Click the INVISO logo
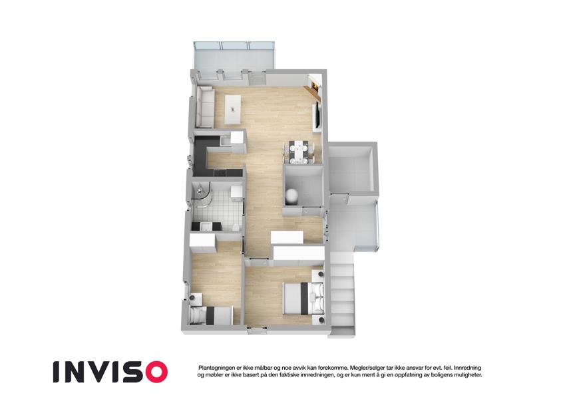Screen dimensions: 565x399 click(x=110, y=372)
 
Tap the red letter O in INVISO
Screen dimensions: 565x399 click(x=156, y=372)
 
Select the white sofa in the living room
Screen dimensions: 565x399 click(x=204, y=107)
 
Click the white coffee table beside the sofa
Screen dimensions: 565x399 click(x=233, y=109)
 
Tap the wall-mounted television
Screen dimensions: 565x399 click(x=317, y=114)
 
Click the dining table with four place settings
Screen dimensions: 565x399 click(x=299, y=152)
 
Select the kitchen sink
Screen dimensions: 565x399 click(x=225, y=141)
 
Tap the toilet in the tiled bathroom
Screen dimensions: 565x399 click(x=235, y=227)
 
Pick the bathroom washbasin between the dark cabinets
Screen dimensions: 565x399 click(x=206, y=227)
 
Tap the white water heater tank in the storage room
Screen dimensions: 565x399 click(x=291, y=196)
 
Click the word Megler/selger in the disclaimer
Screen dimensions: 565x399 click(x=363, y=368)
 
